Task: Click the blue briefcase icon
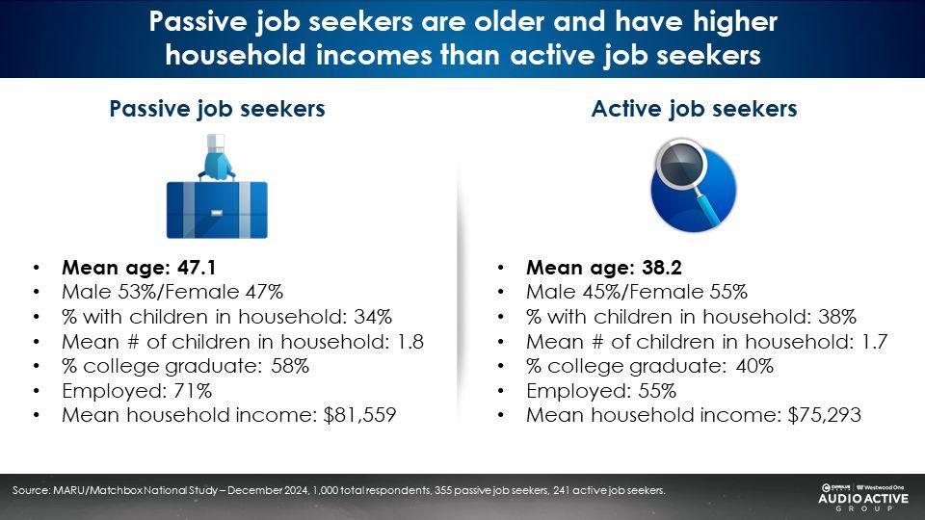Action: click(x=217, y=187)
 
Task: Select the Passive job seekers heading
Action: click(x=217, y=109)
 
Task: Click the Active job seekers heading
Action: click(x=695, y=109)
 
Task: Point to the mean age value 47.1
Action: click(x=197, y=268)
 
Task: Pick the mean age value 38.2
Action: click(x=662, y=268)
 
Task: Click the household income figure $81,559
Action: click(x=359, y=415)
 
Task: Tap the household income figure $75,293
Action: click(x=824, y=415)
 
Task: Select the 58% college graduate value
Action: click(x=290, y=366)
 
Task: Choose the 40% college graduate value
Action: click(x=754, y=366)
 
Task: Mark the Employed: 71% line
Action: click(x=137, y=391)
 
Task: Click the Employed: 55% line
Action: click(x=601, y=391)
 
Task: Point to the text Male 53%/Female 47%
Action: click(x=172, y=292)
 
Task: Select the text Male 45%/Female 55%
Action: click(x=637, y=292)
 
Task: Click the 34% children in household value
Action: click(x=373, y=317)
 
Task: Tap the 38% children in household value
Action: click(x=837, y=317)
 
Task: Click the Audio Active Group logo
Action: click(x=863, y=497)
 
